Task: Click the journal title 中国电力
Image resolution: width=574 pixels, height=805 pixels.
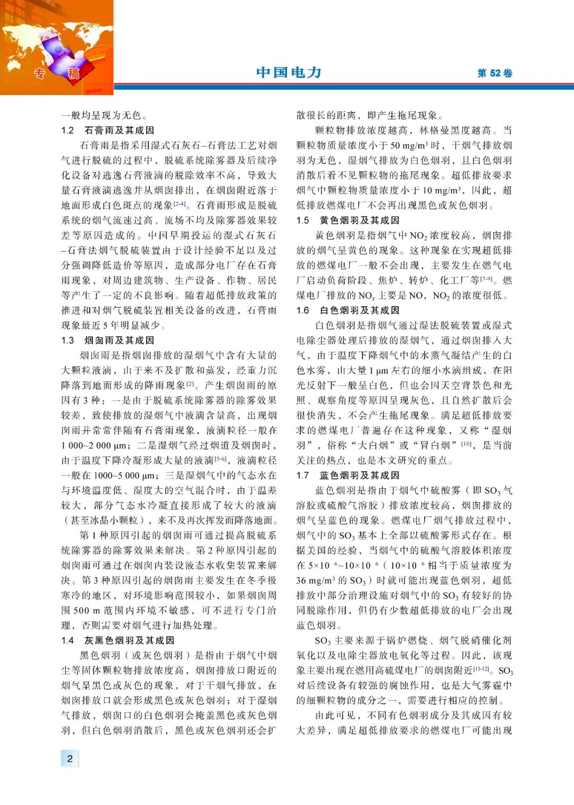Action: tap(289, 72)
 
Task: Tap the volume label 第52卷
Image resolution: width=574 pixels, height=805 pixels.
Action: tap(494, 73)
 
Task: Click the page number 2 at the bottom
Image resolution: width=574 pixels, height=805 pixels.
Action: tap(70, 758)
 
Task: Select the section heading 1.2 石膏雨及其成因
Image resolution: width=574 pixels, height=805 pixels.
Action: tap(107, 130)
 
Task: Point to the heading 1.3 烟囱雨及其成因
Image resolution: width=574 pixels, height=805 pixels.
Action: tap(107, 340)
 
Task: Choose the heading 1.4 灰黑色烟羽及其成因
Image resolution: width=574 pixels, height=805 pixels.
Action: tap(117, 640)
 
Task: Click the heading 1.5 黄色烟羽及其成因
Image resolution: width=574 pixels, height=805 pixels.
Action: tap(348, 220)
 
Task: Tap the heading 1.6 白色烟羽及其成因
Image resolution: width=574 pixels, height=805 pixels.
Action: tap(348, 310)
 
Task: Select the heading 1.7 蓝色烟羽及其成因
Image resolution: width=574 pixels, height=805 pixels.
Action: tap(348, 475)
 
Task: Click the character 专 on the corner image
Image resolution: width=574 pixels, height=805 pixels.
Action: tap(40, 73)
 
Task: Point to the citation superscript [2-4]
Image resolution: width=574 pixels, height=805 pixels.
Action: tap(180, 203)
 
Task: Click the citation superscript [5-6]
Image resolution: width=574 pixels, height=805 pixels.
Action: tap(221, 458)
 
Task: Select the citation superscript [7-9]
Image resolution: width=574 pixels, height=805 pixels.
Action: tap(486, 278)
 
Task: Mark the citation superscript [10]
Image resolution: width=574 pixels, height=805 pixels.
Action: tap(466, 443)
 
